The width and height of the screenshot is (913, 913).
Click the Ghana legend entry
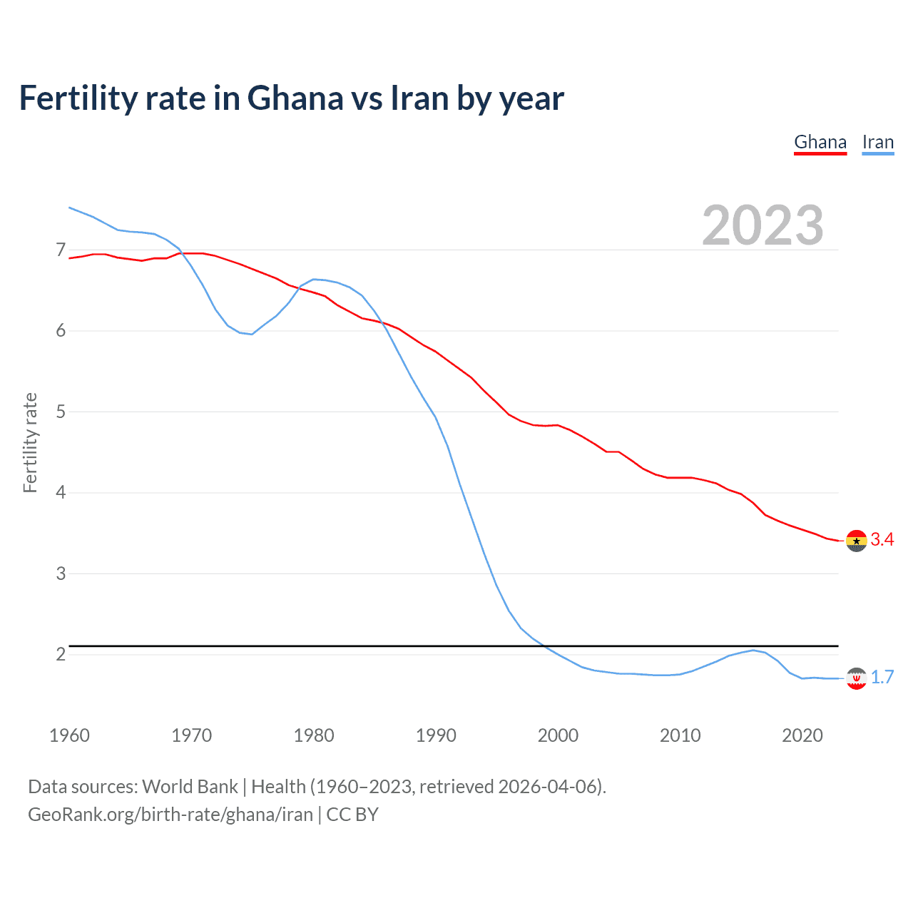[x=820, y=143]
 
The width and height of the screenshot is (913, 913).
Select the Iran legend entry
[x=877, y=143]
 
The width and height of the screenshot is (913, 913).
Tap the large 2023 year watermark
[x=762, y=225]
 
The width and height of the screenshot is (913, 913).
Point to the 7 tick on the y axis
[x=61, y=250]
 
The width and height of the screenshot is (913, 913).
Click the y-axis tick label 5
[x=61, y=412]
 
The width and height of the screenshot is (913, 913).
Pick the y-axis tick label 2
[x=61, y=655]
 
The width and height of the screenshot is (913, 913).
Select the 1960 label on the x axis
[x=69, y=735]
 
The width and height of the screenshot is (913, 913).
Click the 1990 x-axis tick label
[x=436, y=735]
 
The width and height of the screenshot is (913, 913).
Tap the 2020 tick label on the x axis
[x=802, y=735]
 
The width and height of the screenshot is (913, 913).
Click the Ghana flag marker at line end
[x=856, y=541]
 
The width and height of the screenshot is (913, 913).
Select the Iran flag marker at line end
[x=856, y=678]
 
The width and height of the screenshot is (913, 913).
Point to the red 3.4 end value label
[x=882, y=540]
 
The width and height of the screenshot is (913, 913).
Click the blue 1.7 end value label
[x=882, y=678]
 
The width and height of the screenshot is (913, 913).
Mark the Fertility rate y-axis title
[x=30, y=442]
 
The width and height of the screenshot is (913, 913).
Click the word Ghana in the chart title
[x=295, y=98]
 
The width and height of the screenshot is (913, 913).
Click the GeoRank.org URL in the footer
[x=170, y=815]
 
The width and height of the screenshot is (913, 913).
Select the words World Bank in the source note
[x=190, y=787]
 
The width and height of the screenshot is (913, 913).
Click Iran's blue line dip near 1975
[x=251, y=334]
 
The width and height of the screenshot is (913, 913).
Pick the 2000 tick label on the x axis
[x=558, y=735]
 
